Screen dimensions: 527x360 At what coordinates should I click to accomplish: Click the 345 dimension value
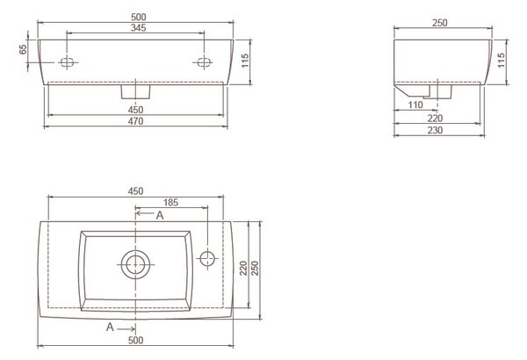(x=139, y=28)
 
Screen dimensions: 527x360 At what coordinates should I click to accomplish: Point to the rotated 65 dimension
(x=23, y=49)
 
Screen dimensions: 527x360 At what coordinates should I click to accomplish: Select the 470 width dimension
(x=136, y=121)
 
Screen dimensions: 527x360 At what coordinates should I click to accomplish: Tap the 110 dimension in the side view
(x=415, y=104)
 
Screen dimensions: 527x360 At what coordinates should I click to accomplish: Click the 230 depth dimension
(x=435, y=130)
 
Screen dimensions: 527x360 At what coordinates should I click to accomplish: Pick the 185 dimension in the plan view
(x=170, y=202)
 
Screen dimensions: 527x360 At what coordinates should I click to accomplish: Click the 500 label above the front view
(x=139, y=17)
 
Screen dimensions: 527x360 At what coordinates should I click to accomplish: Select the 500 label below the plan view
(x=136, y=340)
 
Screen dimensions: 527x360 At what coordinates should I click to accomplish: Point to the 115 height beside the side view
(x=502, y=61)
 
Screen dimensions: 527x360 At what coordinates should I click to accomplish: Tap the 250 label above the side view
(x=440, y=23)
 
